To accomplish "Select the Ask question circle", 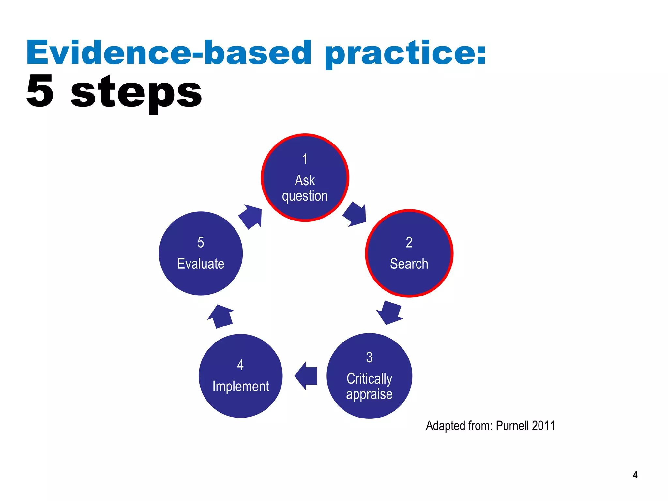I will (305, 178).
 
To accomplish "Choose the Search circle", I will (409, 253).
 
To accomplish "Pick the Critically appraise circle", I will (369, 376).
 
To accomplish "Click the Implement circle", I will (240, 376).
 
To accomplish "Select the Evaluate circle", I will (201, 253).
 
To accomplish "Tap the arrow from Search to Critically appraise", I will (389, 312).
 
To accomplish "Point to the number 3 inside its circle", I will (369, 357).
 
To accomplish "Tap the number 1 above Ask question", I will (305, 159).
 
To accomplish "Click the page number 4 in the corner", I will (635, 475).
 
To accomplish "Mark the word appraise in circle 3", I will (369, 394).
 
